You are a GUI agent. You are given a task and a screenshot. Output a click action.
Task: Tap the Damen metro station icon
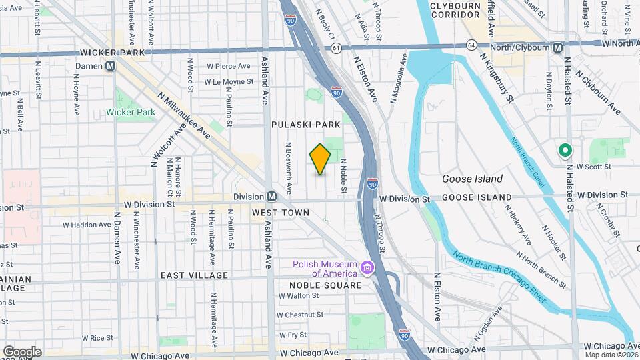(x=110, y=66)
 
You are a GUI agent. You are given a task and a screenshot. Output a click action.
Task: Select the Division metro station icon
(x=272, y=197)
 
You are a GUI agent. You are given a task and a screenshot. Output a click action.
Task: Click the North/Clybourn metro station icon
(x=557, y=47)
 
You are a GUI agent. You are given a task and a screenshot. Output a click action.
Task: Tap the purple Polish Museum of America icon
(x=366, y=268)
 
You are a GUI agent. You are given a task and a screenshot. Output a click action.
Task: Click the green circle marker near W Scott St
(x=565, y=151)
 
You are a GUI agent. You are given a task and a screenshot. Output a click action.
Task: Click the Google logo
(x=22, y=351)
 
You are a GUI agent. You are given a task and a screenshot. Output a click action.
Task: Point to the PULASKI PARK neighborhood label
(x=306, y=125)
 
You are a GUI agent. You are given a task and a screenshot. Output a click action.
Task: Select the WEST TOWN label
(x=281, y=213)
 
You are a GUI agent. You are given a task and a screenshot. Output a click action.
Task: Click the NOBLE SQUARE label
(x=325, y=285)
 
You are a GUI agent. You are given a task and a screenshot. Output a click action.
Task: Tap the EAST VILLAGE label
(x=194, y=275)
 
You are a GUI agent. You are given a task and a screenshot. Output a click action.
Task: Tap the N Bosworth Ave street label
(x=289, y=168)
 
